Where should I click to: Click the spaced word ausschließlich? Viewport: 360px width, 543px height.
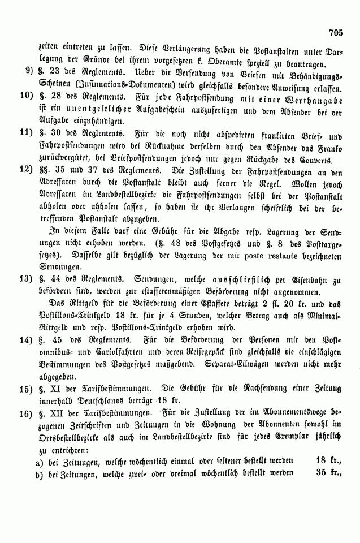209,279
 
